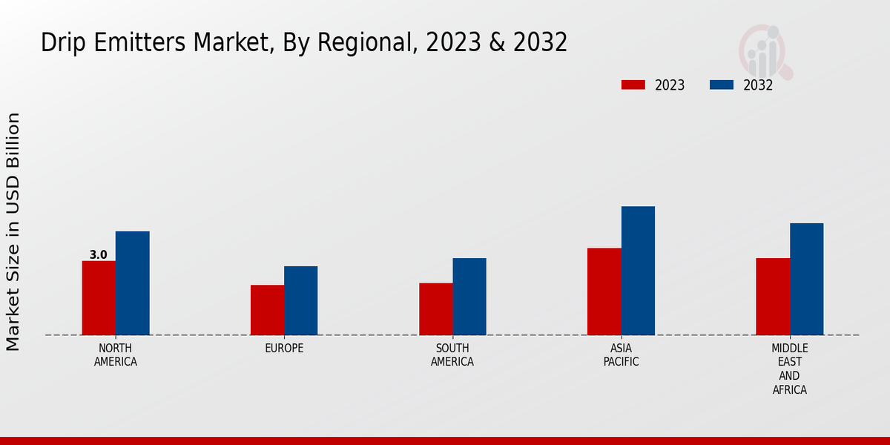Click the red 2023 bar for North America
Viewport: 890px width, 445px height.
(x=99, y=297)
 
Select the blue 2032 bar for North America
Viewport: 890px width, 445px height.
(x=132, y=283)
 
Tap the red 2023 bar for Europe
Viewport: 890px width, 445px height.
(x=267, y=309)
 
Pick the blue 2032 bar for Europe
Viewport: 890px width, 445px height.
(x=300, y=300)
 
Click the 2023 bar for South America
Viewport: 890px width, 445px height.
(x=435, y=309)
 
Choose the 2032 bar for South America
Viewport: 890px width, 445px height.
(x=469, y=296)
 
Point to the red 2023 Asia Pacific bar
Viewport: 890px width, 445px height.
(x=604, y=291)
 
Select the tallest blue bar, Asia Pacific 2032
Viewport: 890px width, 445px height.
(x=638, y=270)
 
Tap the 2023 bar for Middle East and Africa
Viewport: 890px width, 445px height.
(x=773, y=296)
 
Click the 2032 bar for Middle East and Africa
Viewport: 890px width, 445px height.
(x=806, y=279)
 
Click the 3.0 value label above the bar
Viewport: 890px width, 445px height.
(x=99, y=255)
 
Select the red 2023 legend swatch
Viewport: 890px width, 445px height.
(x=633, y=85)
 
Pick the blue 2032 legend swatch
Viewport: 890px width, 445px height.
(x=721, y=85)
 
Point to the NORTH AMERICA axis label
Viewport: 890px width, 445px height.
(x=116, y=355)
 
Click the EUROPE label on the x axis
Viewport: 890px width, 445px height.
(x=284, y=349)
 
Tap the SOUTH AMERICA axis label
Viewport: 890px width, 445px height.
(x=452, y=355)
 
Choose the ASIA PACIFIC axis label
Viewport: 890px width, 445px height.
(x=621, y=355)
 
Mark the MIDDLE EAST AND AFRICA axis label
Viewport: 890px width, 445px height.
(x=789, y=369)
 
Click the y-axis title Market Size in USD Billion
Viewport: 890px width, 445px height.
(x=13, y=231)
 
